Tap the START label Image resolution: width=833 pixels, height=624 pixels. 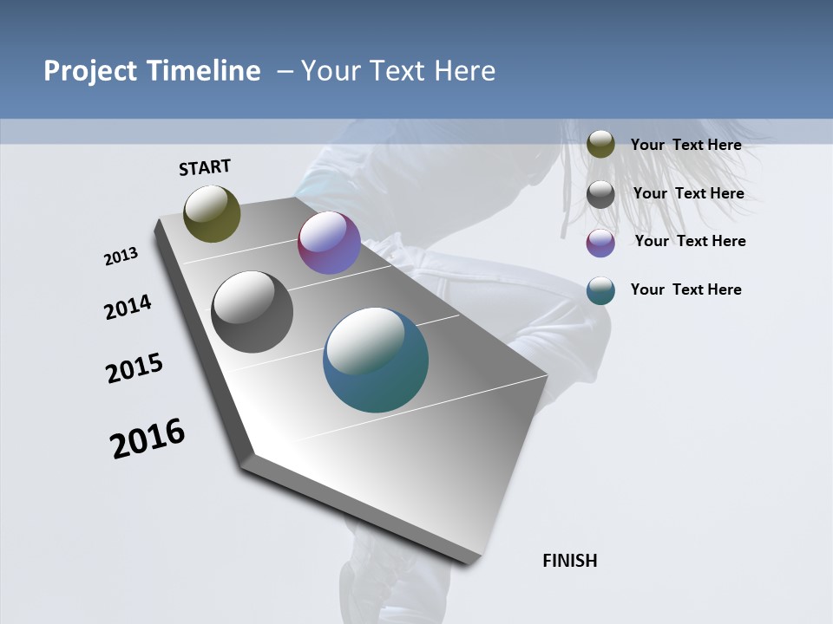[205, 167]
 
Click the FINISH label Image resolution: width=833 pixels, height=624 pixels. [570, 561]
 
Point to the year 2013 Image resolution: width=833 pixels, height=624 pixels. [121, 257]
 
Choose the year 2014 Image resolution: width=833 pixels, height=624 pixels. [128, 308]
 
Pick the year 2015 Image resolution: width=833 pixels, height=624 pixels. [134, 368]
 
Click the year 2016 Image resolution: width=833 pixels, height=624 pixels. [148, 439]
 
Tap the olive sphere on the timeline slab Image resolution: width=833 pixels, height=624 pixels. [212, 213]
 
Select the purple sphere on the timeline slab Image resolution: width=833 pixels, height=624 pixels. [329, 243]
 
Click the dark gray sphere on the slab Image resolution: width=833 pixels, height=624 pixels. [252, 312]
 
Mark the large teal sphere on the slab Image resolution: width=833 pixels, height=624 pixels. [376, 360]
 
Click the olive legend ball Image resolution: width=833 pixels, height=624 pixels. [600, 145]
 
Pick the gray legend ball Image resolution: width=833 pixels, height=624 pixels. [600, 194]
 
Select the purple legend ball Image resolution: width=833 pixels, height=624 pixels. [600, 243]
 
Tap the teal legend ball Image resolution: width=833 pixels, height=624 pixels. [600, 290]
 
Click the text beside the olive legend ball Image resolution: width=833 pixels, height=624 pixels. [685, 145]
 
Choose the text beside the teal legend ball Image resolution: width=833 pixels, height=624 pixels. [685, 289]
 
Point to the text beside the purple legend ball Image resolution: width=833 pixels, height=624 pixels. [690, 241]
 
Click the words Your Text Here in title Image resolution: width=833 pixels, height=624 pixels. [398, 71]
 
